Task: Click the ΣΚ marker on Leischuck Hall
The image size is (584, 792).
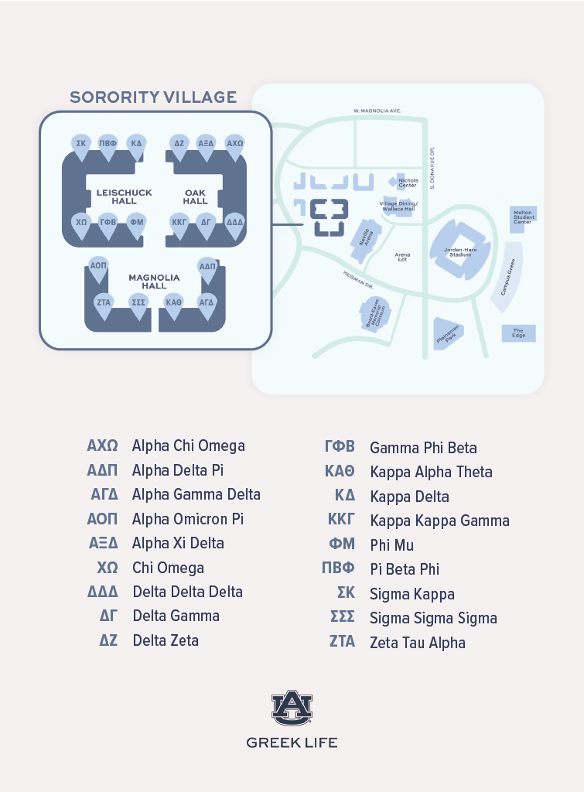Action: [80, 145]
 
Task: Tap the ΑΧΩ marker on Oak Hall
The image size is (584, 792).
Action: [234, 145]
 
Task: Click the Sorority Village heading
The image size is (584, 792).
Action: [153, 97]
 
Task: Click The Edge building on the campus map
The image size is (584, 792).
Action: [518, 333]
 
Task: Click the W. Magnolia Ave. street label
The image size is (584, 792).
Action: [377, 111]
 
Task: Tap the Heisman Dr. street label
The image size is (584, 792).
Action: [357, 277]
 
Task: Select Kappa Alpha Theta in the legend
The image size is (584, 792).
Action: [431, 472]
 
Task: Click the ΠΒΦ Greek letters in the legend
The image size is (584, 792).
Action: [338, 568]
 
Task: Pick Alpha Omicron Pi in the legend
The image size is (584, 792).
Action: [188, 518]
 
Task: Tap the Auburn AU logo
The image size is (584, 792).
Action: [292, 708]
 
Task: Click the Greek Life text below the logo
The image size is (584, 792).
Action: [292, 742]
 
